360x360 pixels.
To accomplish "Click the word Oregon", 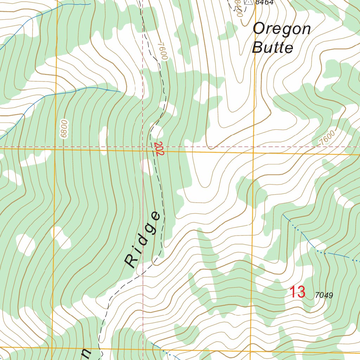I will (282, 29).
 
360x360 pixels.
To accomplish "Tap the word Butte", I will (272, 47).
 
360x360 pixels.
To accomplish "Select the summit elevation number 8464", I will (264, 2).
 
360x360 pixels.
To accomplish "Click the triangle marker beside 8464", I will (249, 2).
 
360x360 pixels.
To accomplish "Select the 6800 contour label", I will (64, 129).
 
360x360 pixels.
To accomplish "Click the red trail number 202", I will (158, 149).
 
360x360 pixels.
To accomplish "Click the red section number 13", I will (297, 292).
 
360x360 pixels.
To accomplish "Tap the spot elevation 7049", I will (324, 295).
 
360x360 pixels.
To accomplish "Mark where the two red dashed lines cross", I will (143, 147).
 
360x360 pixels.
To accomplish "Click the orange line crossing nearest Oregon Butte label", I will (254, 153).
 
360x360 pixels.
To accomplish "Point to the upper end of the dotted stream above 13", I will (283, 214).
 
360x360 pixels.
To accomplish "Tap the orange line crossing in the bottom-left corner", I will (52, 348).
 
